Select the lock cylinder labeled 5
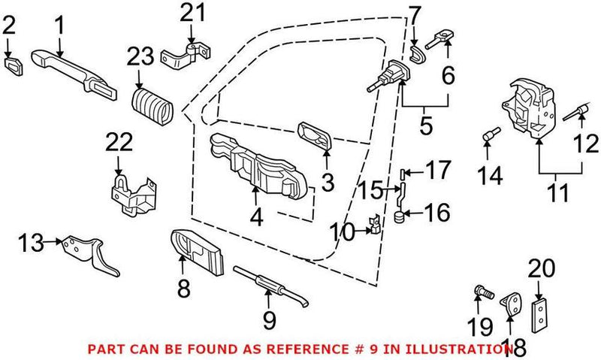388,76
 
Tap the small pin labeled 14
489,135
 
